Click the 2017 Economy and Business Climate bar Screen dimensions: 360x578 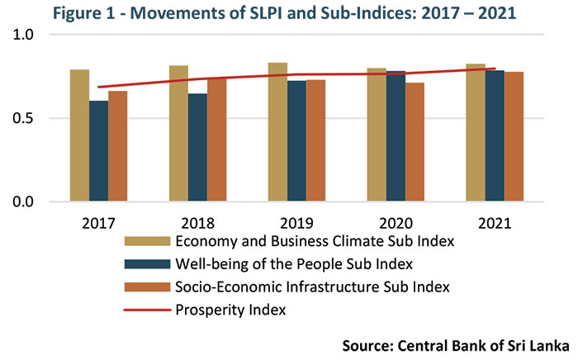tap(79, 136)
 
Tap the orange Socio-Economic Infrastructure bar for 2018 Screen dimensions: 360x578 tap(217, 140)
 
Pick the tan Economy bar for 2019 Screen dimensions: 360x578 tap(277, 132)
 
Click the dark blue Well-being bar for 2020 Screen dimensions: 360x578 tap(396, 137)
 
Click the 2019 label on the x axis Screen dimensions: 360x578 tap(296, 224)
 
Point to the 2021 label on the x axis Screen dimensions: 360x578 tap(494, 224)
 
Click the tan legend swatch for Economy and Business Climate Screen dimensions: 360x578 tap(147, 242)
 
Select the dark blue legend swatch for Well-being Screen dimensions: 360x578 tap(147, 265)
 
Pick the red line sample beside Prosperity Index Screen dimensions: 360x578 tap(147, 311)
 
